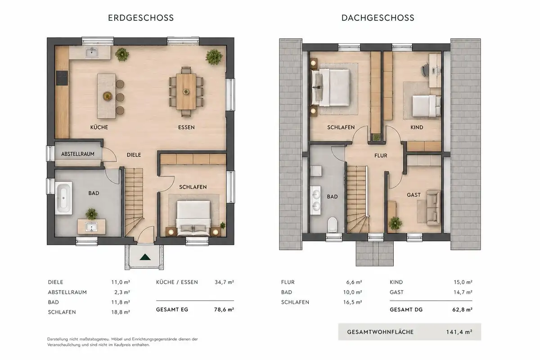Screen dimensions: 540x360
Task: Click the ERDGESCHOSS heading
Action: [x=141, y=18]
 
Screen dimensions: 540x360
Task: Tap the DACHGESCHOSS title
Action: [x=378, y=18]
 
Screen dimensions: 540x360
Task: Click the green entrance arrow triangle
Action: [x=145, y=257]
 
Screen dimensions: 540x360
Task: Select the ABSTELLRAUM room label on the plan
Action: [x=77, y=154]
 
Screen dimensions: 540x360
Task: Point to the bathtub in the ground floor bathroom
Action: [x=63, y=198]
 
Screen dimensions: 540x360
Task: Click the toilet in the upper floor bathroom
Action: [x=332, y=224]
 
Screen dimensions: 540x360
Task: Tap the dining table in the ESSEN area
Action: [x=186, y=92]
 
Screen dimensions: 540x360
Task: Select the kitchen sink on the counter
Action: [x=92, y=53]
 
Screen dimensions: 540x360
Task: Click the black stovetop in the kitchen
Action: [x=62, y=78]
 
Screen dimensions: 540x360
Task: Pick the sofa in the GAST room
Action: [x=434, y=207]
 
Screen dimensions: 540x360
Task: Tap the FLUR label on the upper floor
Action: [x=381, y=156]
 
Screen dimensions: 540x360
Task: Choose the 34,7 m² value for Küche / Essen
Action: [x=224, y=282]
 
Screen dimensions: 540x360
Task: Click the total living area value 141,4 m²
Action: [x=459, y=332]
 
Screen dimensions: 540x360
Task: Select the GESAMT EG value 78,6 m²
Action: [x=224, y=310]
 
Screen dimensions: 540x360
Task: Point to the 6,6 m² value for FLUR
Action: [x=354, y=282]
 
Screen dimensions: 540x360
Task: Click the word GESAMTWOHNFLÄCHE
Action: [x=380, y=332]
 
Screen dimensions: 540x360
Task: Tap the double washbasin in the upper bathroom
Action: [x=315, y=200]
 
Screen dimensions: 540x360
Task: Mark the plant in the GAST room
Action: [x=395, y=223]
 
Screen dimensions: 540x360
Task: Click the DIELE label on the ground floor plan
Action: [x=134, y=155]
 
